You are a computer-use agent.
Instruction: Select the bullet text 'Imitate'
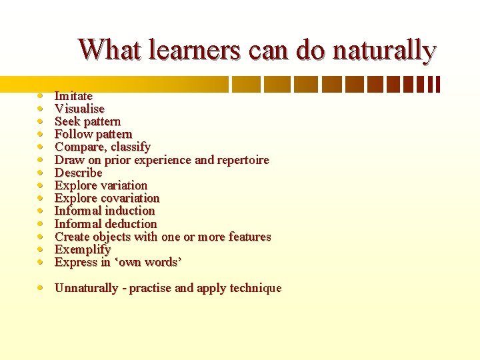pos(73,96)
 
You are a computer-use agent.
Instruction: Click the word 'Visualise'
pos(79,109)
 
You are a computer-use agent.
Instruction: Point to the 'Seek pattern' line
pos(87,121)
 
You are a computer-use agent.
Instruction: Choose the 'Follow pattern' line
pos(93,134)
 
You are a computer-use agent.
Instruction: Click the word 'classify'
pos(131,147)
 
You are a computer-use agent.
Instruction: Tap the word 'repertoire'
pos(241,160)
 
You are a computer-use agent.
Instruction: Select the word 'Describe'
pos(78,173)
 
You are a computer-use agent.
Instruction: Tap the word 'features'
pos(248,237)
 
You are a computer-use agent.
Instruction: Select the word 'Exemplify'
pos(82,249)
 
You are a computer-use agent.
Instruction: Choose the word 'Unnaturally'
pos(86,288)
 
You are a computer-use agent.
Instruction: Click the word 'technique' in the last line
pos(255,288)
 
